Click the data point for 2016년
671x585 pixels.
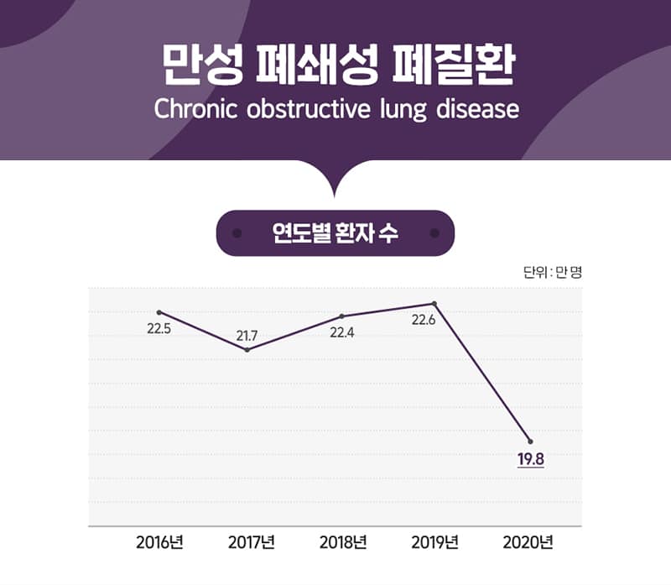(159, 312)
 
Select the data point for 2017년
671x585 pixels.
(247, 350)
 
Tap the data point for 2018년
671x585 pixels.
(341, 316)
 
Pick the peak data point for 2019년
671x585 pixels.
(434, 304)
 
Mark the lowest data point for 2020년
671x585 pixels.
(531, 441)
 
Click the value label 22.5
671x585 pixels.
(159, 329)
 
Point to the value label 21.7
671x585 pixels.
(247, 337)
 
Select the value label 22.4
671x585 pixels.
(342, 332)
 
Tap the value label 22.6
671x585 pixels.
(424, 320)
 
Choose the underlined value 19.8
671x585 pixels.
(531, 459)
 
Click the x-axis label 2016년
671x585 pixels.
(159, 542)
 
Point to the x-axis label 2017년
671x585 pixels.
(251, 542)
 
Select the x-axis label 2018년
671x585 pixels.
(343, 542)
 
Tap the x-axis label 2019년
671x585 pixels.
(434, 542)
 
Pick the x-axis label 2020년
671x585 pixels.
(528, 542)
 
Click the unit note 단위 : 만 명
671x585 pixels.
(553, 272)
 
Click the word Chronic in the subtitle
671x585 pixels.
(195, 109)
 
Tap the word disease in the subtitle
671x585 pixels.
(477, 109)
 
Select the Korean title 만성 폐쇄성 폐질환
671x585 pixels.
(338, 65)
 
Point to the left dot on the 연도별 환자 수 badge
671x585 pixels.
(237, 233)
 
